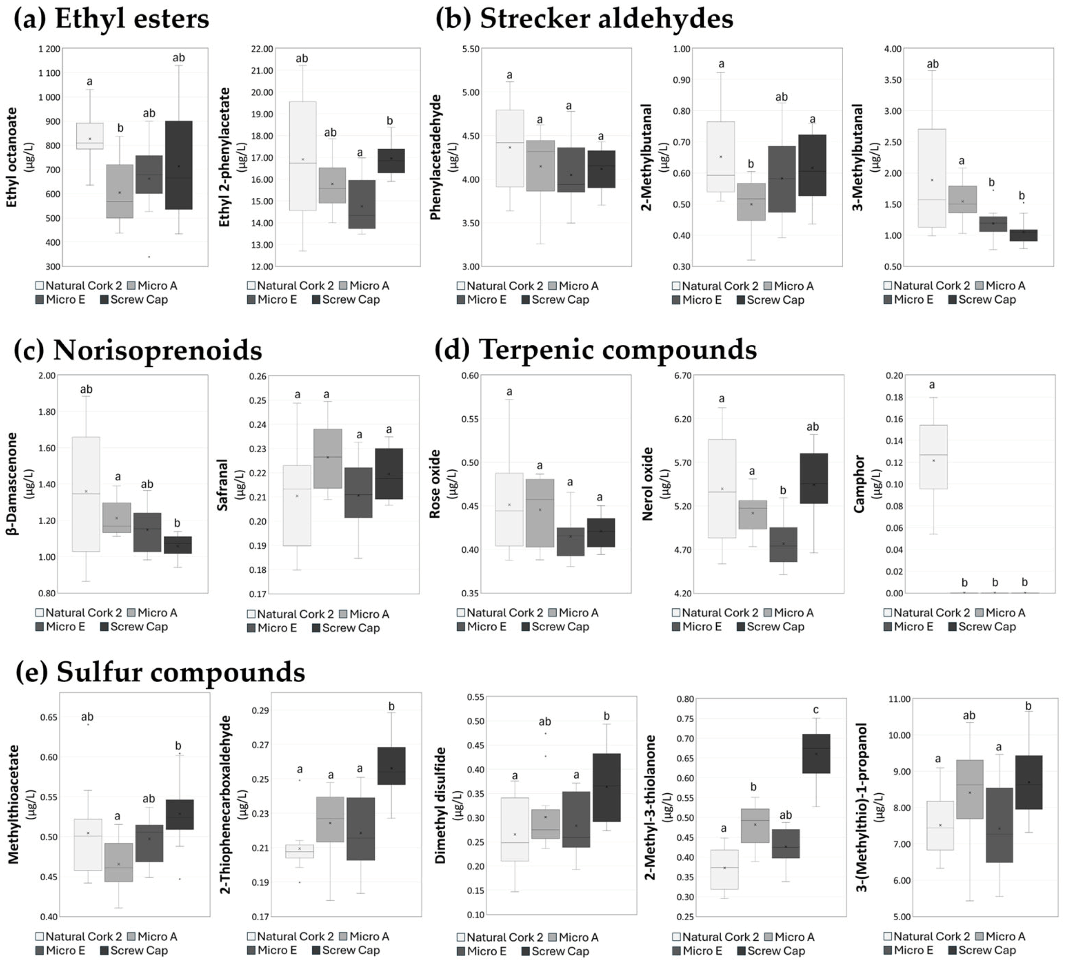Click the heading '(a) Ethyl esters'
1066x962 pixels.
(x=111, y=19)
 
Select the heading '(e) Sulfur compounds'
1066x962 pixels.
(x=160, y=672)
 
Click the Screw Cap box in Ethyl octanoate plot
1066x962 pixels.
(x=179, y=165)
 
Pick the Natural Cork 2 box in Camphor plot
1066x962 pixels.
(x=933, y=457)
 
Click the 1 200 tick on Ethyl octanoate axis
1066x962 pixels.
(x=49, y=49)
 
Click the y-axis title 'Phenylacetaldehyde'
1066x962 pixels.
(x=435, y=157)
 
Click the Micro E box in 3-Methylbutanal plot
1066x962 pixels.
(x=993, y=224)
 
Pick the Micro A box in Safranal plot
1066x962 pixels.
(x=327, y=458)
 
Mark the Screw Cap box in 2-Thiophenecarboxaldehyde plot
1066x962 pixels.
(x=391, y=766)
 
